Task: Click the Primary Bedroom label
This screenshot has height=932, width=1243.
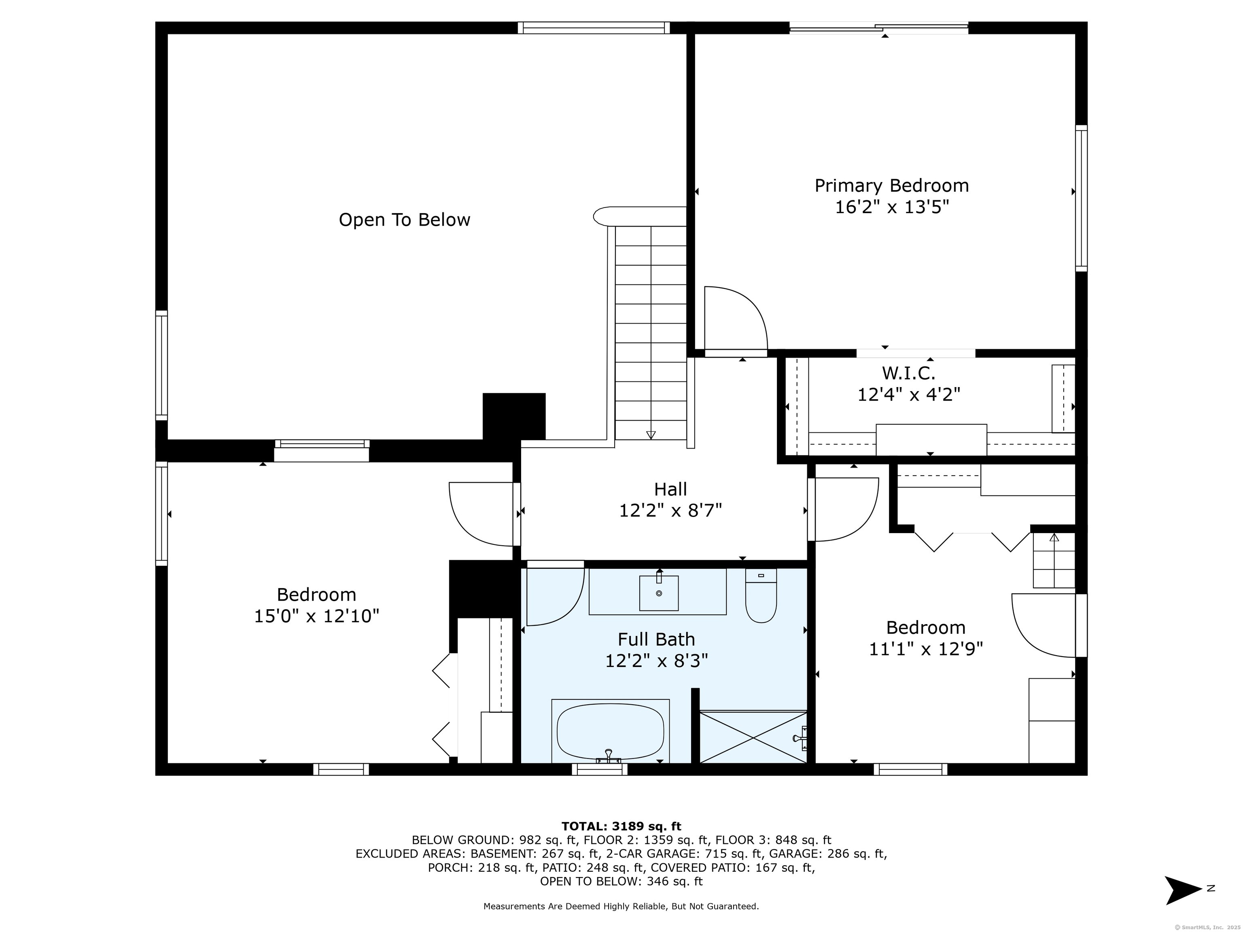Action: (x=891, y=185)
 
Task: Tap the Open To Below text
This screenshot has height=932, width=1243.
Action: (x=404, y=220)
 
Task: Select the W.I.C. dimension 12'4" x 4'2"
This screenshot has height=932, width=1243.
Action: (x=909, y=394)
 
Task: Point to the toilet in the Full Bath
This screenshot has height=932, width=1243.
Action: (x=761, y=595)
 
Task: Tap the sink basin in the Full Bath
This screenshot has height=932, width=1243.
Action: (x=659, y=593)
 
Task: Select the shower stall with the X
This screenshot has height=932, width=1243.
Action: (x=753, y=737)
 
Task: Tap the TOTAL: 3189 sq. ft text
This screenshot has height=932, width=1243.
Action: (x=621, y=826)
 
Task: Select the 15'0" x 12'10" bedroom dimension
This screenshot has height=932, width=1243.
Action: (x=316, y=616)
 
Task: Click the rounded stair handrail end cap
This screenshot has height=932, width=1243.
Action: (x=604, y=216)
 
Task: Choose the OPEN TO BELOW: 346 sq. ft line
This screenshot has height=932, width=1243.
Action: (x=621, y=881)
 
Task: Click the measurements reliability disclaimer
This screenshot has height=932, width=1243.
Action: (x=621, y=906)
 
